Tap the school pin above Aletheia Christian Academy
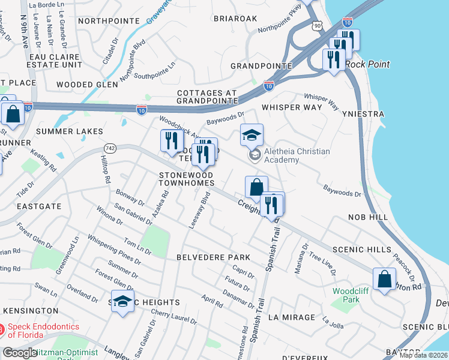click(252, 136)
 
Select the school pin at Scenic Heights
click(122, 301)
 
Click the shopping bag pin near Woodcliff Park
click(384, 279)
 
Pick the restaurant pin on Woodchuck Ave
click(172, 141)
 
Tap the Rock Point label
click(367, 64)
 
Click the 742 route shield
click(109, 147)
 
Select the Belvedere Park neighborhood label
click(212, 257)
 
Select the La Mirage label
click(291, 317)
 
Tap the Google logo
click(20, 352)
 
